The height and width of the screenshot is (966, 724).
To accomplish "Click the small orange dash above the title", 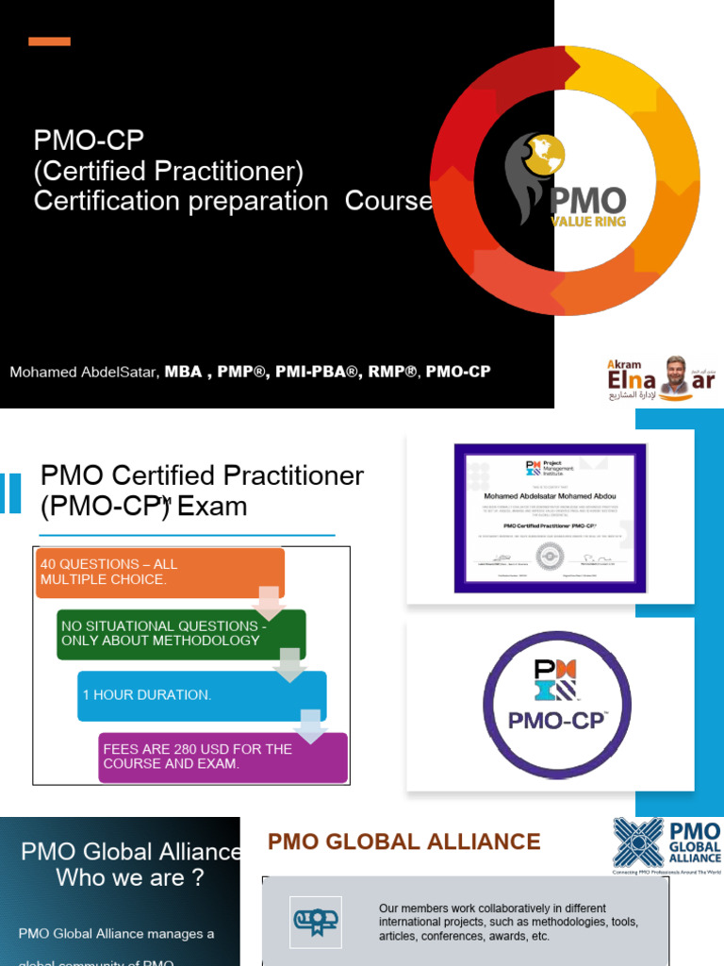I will [x=49, y=42].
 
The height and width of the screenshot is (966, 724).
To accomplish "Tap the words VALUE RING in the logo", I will [x=588, y=223].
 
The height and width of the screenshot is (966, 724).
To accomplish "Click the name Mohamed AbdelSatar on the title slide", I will [x=84, y=372].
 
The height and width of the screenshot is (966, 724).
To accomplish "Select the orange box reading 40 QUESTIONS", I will [x=159, y=572].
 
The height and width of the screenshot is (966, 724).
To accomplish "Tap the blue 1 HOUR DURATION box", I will [x=202, y=695].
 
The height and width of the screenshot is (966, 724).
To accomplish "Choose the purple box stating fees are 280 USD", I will [x=222, y=757].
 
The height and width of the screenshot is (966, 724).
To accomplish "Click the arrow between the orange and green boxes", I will [x=268, y=603].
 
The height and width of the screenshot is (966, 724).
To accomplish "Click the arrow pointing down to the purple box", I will [x=310, y=724].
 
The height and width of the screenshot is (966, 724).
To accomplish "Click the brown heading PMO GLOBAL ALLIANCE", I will [x=404, y=842].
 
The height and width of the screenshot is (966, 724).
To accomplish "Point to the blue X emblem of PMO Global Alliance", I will [x=638, y=842].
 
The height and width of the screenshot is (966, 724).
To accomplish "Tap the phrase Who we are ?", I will [x=130, y=877].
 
